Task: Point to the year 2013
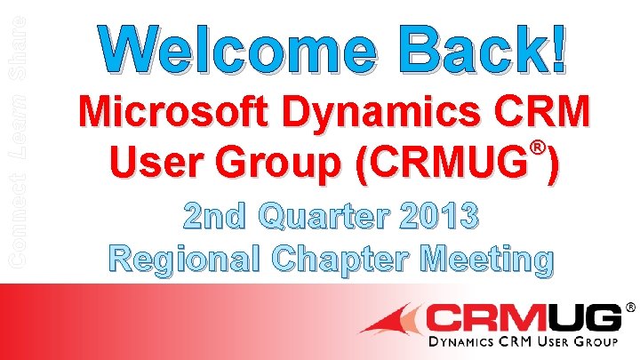click(439, 215)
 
